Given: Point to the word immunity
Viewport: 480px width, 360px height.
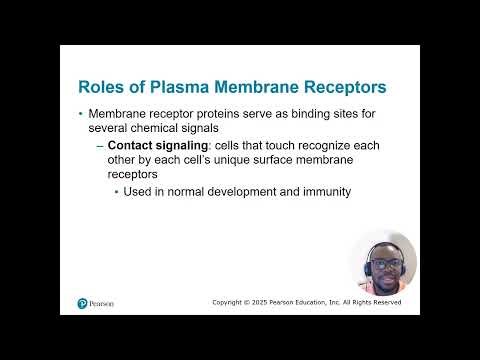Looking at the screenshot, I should click(x=324, y=191).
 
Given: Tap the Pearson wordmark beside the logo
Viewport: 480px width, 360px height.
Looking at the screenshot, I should click(x=102, y=303).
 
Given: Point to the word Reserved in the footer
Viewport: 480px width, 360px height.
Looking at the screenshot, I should click(x=385, y=302).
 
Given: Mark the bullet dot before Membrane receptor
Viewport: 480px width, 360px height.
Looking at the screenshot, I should click(x=81, y=114).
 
